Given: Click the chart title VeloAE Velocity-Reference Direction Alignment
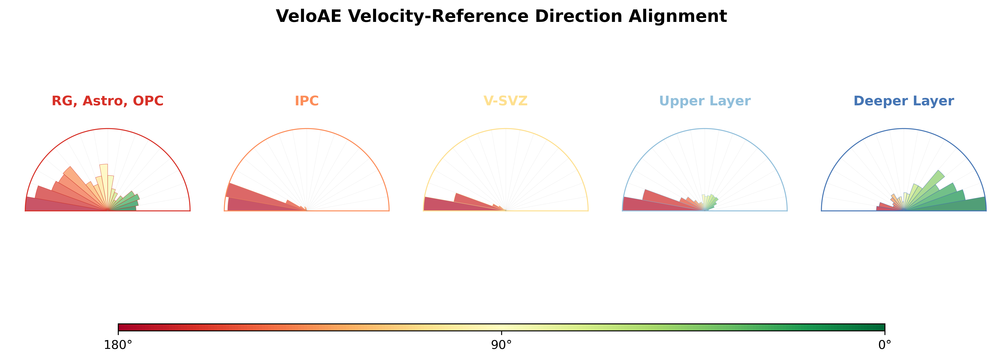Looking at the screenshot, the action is click(x=501, y=16).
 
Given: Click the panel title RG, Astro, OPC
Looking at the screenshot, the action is click(x=108, y=101).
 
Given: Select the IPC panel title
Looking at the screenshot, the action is click(x=306, y=101).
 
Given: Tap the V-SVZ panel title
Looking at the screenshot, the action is click(x=505, y=101).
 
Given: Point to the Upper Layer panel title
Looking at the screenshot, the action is click(x=705, y=101).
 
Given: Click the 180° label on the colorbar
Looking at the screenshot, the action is click(x=118, y=345).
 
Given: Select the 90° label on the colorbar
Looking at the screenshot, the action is click(x=502, y=345).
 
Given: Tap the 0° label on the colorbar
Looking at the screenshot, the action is click(x=885, y=345).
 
